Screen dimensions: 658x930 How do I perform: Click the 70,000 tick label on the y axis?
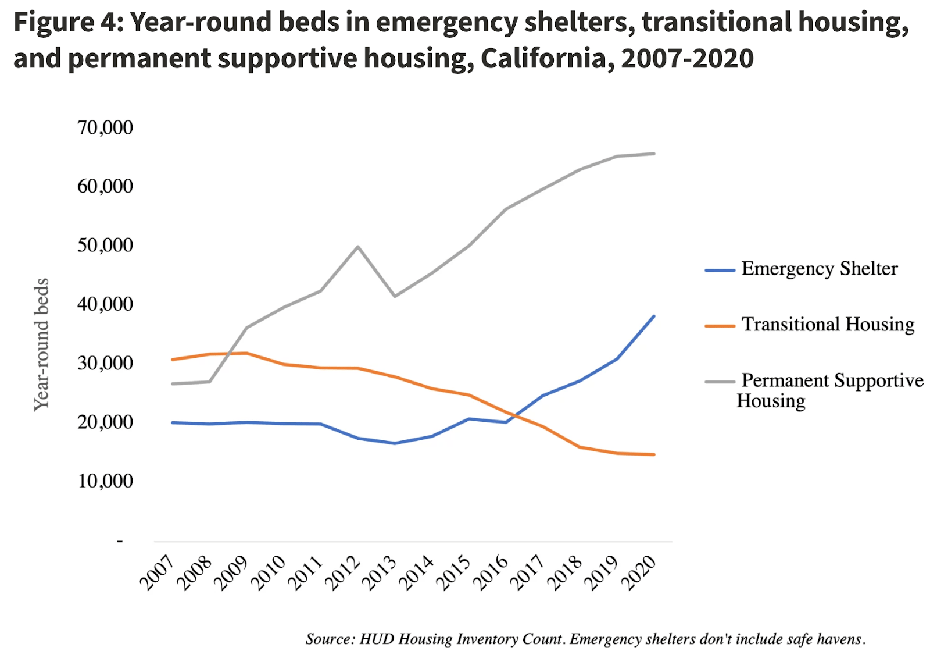[105, 127]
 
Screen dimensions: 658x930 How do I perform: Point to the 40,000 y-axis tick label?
[105, 304]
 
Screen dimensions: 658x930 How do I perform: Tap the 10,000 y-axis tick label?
[105, 481]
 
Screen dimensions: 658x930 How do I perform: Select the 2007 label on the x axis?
[157, 572]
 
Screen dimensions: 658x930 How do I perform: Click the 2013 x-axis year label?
[380, 572]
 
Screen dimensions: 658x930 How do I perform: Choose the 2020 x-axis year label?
[639, 572]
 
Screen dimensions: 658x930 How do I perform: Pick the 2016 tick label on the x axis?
[491, 572]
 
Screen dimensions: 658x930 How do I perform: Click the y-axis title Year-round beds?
[41, 344]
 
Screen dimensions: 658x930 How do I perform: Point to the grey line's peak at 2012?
[358, 247]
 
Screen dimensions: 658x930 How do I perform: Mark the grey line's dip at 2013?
[395, 296]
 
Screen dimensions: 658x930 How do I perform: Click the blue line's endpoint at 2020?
[654, 316]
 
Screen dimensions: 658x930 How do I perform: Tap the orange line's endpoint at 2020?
[654, 454]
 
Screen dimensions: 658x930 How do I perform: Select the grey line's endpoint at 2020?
[654, 154]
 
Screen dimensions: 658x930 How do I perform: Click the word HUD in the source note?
[377, 639]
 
